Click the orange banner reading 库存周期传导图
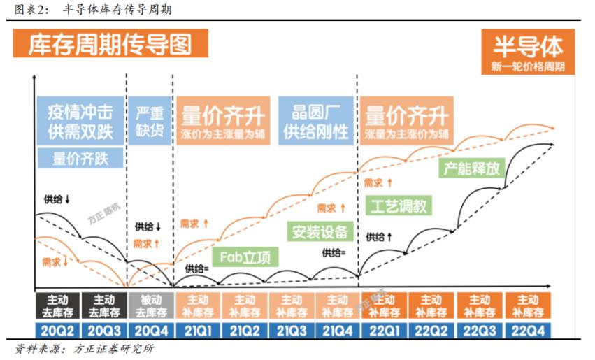tap(110, 45)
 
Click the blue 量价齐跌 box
tap(80, 158)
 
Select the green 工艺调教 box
tap(398, 206)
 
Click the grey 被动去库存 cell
tap(149, 305)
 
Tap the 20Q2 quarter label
tap(56, 330)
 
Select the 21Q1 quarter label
tap(197, 330)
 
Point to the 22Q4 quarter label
tap(528, 330)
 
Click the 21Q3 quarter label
tap(292, 330)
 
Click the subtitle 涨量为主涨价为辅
tap(406, 134)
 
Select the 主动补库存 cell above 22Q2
tap(432, 305)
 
